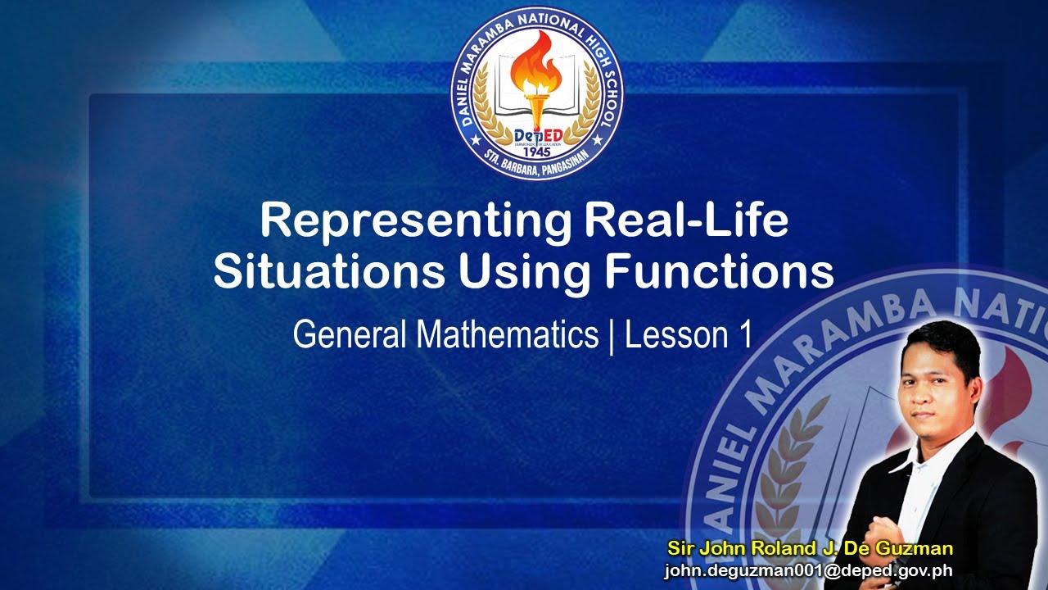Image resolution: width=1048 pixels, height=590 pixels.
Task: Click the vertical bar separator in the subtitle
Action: [x=611, y=336]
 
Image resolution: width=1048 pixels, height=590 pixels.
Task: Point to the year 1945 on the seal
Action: [x=537, y=153]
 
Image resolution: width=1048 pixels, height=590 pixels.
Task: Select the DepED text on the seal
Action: [x=537, y=134]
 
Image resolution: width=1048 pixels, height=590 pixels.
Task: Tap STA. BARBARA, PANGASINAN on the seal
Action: [x=537, y=170]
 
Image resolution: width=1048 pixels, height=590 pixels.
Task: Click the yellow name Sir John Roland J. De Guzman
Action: [x=811, y=548]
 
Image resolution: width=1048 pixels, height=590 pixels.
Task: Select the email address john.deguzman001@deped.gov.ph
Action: [x=808, y=571]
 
